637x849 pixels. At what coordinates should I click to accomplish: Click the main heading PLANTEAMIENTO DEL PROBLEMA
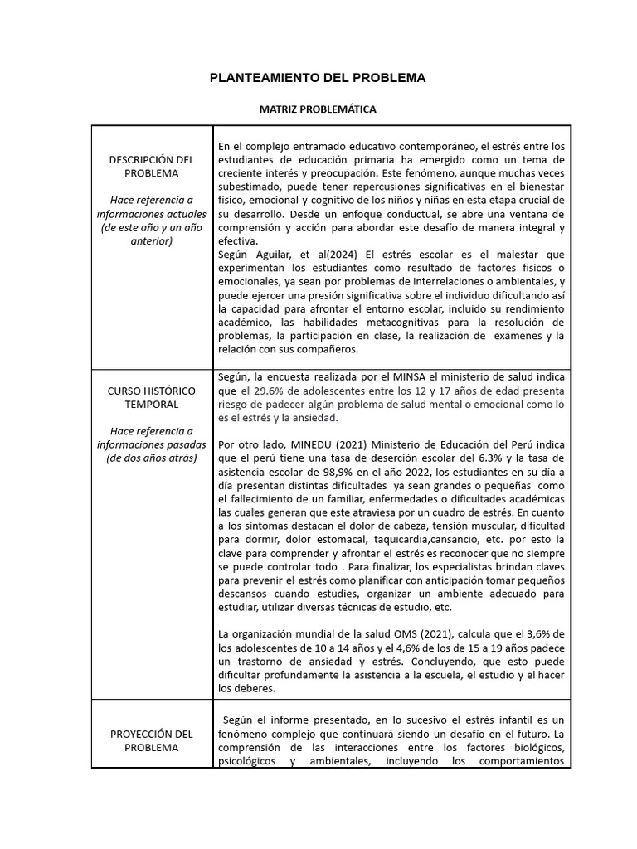(x=318, y=78)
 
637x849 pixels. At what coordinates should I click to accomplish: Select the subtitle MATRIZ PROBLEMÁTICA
(x=318, y=109)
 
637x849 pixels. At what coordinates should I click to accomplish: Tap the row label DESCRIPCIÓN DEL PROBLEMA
(x=151, y=166)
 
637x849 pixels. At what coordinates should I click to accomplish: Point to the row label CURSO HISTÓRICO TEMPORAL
(x=151, y=396)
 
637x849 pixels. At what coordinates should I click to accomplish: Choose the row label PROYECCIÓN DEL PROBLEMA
(x=151, y=740)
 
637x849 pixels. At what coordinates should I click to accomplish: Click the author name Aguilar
(x=274, y=254)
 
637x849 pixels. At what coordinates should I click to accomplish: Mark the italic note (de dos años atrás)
(x=151, y=458)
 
